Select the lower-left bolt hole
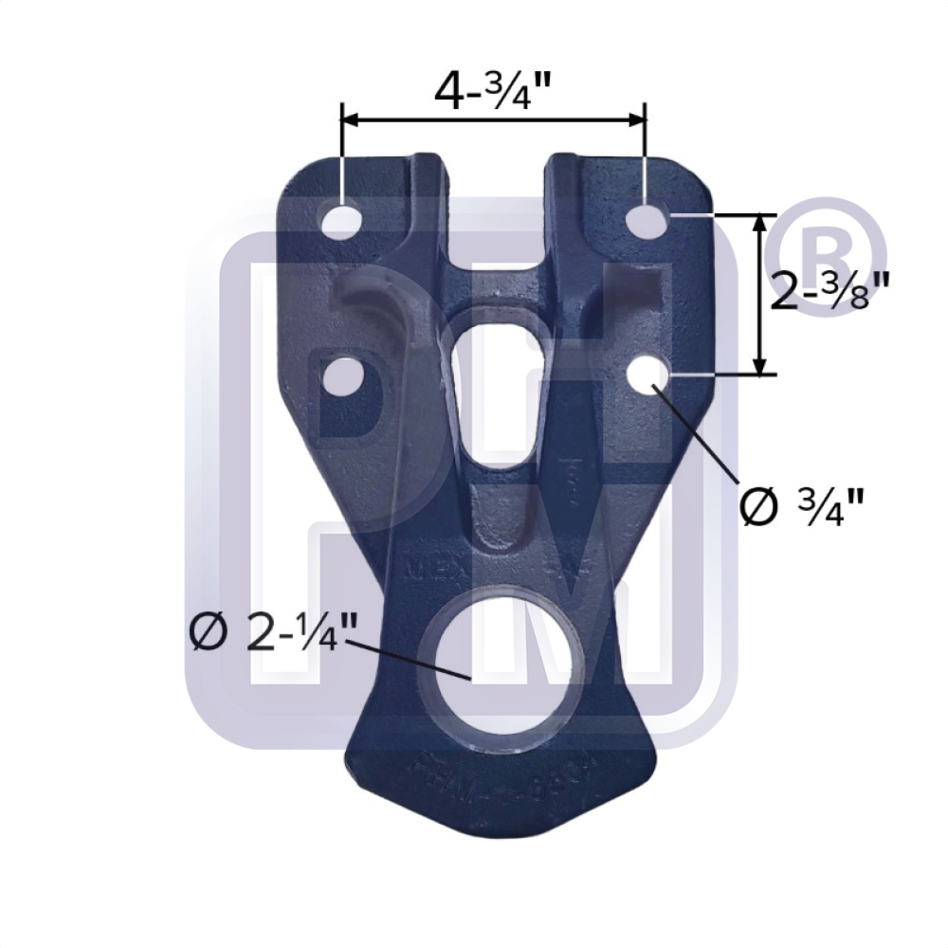point(343,375)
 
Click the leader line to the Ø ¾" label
point(697,432)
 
